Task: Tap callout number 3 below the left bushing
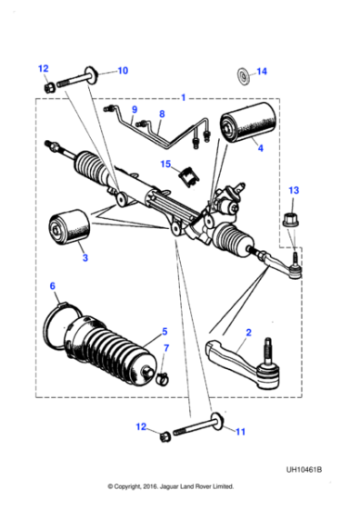(85, 259)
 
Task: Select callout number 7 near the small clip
(165, 349)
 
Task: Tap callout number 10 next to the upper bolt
(124, 70)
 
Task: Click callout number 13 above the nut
(293, 190)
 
